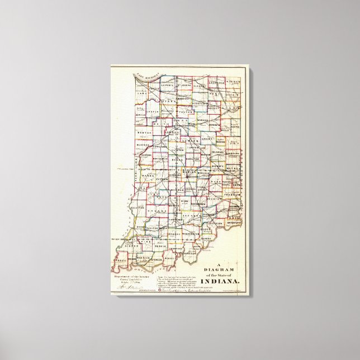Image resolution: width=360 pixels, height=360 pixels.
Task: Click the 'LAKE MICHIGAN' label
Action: click(x=147, y=77)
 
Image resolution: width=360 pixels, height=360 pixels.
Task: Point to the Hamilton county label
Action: click(x=193, y=160)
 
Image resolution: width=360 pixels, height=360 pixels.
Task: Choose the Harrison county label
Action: click(x=190, y=253)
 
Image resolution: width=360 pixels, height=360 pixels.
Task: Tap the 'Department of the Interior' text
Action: click(x=134, y=276)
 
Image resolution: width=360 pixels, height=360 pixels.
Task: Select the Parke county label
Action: click(x=147, y=175)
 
